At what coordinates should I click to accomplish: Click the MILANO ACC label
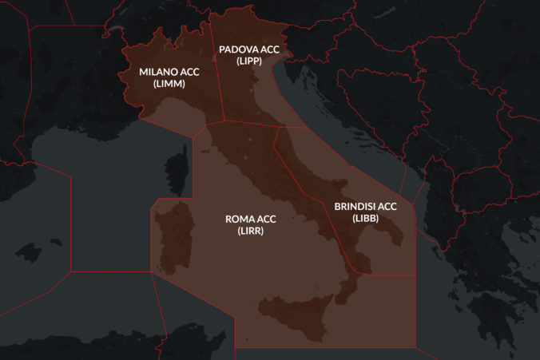click(169, 72)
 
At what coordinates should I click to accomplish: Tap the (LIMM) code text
click(169, 83)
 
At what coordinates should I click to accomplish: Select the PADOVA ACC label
click(249, 49)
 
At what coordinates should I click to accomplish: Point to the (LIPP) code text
click(249, 60)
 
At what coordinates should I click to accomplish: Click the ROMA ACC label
click(251, 219)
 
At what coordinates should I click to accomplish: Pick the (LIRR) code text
click(251, 231)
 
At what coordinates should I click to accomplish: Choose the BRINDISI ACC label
click(364, 206)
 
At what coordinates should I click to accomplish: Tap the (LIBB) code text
click(364, 217)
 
